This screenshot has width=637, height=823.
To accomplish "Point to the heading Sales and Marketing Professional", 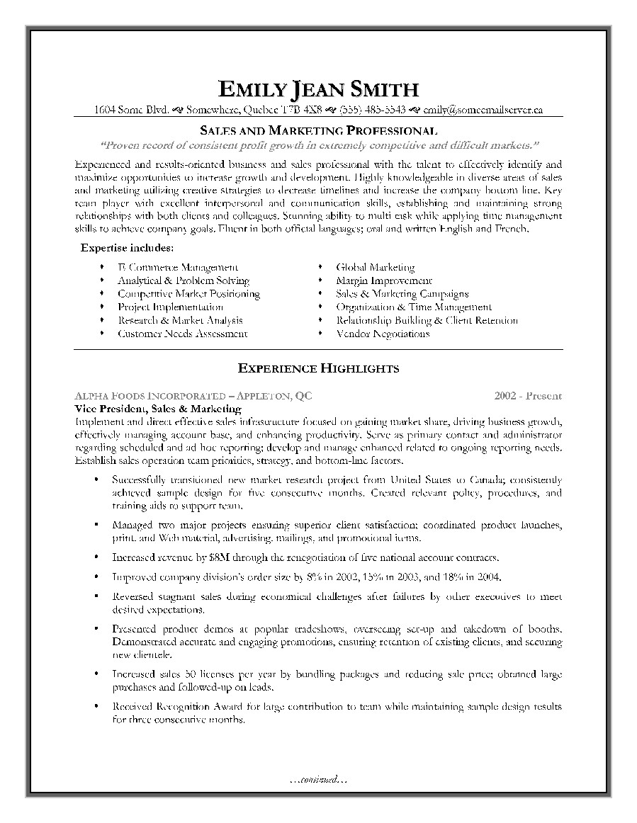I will tap(318, 130).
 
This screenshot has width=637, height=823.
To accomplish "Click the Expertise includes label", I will tap(127, 249).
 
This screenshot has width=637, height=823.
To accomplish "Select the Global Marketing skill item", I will tap(375, 267).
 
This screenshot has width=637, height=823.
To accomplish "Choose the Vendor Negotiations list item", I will tap(383, 334).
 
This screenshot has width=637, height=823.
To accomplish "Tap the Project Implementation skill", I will tap(170, 307).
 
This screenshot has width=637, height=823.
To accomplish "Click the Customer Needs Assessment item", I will tap(182, 334).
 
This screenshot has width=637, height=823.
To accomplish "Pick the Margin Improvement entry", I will tap(383, 280).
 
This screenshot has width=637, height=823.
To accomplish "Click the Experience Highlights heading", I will tap(318, 368).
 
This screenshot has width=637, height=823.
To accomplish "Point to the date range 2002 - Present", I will tap(528, 396).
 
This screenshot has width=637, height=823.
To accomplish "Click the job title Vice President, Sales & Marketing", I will tap(158, 409).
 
